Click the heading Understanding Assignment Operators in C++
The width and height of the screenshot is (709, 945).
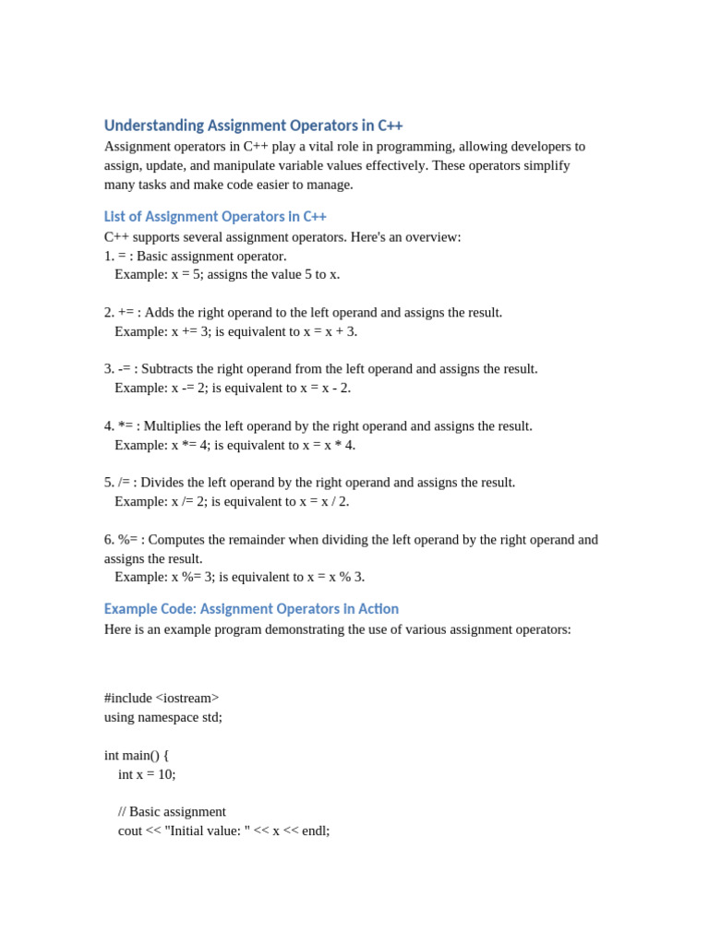[x=253, y=126]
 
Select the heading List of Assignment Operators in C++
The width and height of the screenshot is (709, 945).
[x=215, y=217]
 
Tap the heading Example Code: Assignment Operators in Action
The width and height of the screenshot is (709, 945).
[x=251, y=609]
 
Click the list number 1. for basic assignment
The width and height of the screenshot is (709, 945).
[x=109, y=256]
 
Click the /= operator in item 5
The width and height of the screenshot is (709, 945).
[x=126, y=483]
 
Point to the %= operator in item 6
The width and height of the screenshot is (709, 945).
[x=128, y=540]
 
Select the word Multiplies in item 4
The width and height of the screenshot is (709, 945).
[x=175, y=426]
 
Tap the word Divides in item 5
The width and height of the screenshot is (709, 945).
[x=165, y=483]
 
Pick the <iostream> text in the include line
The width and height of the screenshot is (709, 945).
[x=187, y=698]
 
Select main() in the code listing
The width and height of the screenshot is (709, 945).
[x=140, y=755]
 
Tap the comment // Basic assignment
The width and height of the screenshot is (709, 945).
[x=172, y=812]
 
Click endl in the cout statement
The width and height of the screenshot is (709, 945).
[x=313, y=831]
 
